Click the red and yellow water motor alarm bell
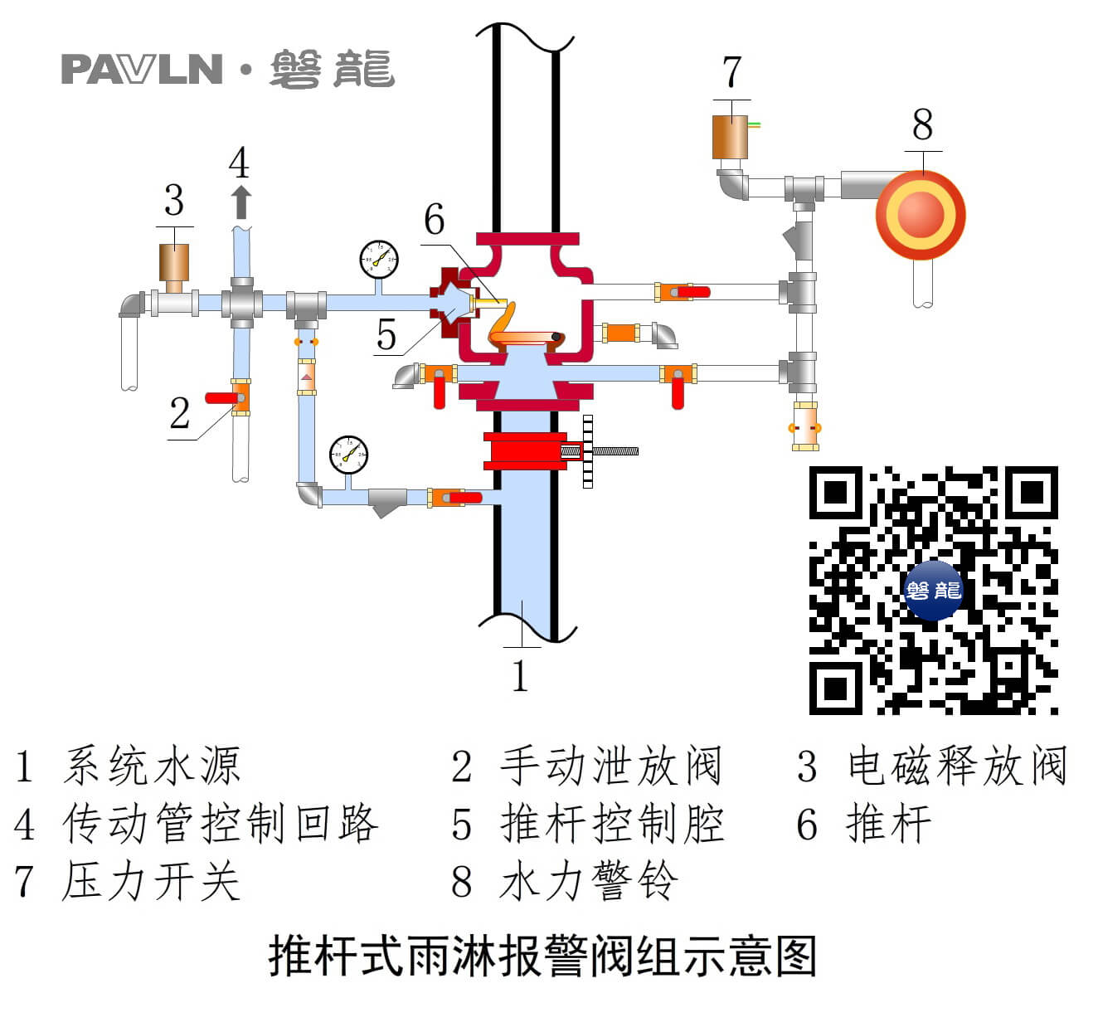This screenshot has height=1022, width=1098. pos(921,215)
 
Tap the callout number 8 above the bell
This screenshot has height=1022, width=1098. pos(922,126)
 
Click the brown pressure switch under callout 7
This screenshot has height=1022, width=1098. pos(730,137)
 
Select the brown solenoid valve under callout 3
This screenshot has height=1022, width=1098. pos(174,262)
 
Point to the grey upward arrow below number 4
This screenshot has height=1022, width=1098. pos(241,202)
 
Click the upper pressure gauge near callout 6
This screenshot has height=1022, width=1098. pos(379,260)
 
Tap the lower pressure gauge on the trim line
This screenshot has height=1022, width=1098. pos(348,454)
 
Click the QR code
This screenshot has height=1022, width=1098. pos(933,590)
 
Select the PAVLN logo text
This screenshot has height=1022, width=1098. pos(142,70)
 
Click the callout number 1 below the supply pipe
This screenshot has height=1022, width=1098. pos(520,676)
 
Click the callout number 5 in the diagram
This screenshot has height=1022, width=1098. pos(386,334)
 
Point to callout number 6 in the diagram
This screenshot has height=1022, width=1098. pos(434,220)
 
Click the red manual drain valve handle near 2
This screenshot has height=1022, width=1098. pos(221,398)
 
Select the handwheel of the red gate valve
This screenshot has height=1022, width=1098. pos(588,451)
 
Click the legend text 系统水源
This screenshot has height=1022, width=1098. pos(152,766)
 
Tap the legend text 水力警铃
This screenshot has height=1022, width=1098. pos(590,881)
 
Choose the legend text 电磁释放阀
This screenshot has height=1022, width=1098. pos(956,766)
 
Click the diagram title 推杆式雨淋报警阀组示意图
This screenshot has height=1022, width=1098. pos(543,956)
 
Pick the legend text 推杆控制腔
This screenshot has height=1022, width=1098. pos(612,824)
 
